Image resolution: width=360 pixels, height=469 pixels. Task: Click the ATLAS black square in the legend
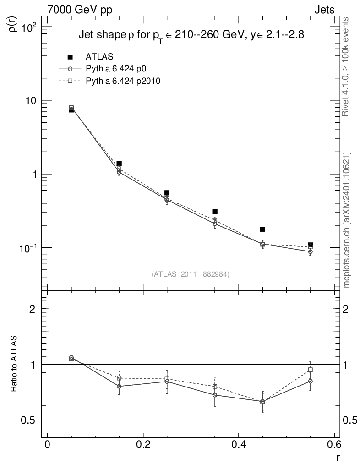pos(70,57)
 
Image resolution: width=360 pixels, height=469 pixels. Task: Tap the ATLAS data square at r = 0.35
pos(215,211)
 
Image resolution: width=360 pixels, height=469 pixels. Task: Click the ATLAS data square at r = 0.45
pos(262,229)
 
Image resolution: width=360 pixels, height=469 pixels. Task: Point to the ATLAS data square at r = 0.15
pos(119,163)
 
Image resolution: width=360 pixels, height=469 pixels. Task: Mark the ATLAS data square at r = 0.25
pos(167,193)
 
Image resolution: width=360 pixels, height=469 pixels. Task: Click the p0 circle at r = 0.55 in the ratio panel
pos(311,381)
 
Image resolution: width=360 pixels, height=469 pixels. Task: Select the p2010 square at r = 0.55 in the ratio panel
pos(311,370)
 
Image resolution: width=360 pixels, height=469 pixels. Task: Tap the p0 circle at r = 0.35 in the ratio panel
pos(215,395)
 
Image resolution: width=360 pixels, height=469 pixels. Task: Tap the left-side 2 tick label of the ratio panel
pos(33,309)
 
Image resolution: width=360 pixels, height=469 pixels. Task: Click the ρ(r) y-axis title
pos(14,23)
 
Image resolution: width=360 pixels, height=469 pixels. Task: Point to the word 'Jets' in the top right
pos(324,9)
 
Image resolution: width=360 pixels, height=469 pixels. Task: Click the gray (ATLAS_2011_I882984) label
pos(191,274)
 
